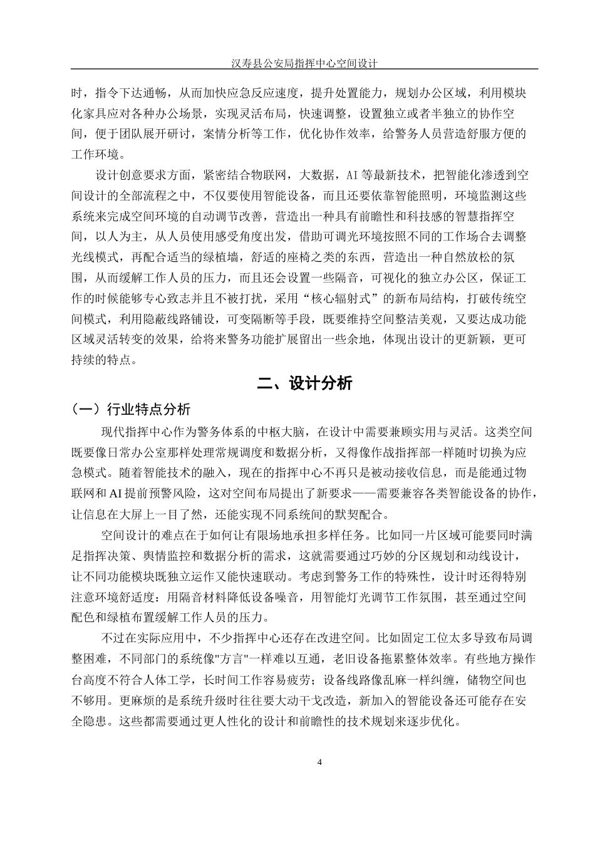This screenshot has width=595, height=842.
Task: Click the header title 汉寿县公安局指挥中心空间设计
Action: [x=304, y=63]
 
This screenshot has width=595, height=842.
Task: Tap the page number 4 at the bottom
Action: [x=320, y=762]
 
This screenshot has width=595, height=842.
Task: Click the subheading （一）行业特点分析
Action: [x=132, y=410]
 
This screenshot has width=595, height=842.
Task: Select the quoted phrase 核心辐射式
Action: [x=344, y=298]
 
